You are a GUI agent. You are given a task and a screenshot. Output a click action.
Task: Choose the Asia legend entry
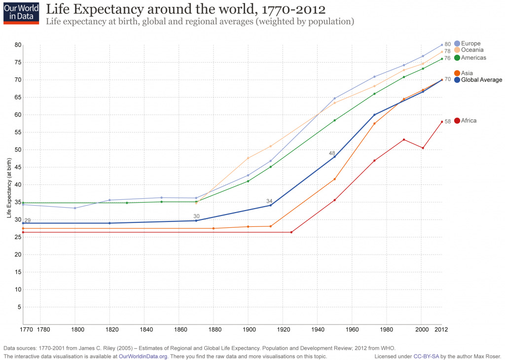tap(466, 73)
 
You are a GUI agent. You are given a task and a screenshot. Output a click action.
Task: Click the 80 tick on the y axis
tap(18, 45)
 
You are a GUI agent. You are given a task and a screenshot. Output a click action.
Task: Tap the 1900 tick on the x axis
tap(248, 329)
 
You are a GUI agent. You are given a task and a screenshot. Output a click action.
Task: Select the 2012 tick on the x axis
tap(441, 329)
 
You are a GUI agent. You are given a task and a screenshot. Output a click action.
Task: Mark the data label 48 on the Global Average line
tap(332, 153)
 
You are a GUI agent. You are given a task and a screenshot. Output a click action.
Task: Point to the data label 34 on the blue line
tap(269, 201)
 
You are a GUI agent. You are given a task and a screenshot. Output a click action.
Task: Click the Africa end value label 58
tap(448, 121)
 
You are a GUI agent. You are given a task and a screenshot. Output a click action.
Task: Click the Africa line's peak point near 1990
tap(404, 140)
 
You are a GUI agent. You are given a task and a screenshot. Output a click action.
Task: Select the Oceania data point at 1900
tap(248, 158)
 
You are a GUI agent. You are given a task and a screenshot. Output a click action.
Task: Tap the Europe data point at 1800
tap(75, 208)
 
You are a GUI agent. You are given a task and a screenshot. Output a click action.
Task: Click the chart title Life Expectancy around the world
tap(185, 10)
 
